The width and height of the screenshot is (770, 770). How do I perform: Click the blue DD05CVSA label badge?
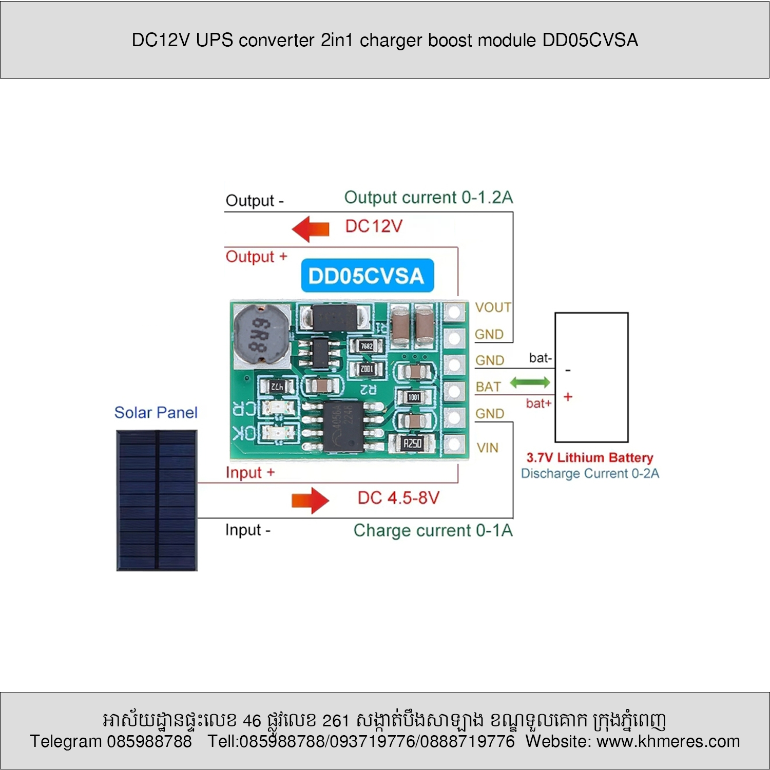click(x=367, y=276)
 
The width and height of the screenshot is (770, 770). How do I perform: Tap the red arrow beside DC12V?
click(x=311, y=228)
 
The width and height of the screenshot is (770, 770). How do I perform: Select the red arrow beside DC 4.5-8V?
click(x=310, y=500)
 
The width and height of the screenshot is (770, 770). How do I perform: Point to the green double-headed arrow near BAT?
click(x=530, y=382)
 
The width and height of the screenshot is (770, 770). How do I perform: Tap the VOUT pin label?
click(x=493, y=307)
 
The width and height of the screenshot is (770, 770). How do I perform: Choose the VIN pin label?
click(x=487, y=448)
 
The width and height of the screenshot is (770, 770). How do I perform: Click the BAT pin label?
click(x=488, y=387)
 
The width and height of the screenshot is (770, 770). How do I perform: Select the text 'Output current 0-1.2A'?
click(x=428, y=197)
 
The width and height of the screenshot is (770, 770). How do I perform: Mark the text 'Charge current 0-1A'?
click(x=433, y=530)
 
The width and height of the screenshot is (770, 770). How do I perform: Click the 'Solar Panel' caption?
click(x=156, y=412)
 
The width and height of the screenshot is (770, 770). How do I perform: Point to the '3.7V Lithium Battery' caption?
click(x=590, y=457)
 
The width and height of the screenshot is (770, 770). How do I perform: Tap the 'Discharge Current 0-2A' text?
click(x=590, y=473)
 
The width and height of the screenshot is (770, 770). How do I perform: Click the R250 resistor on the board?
click(x=412, y=443)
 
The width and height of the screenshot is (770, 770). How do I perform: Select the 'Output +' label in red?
click(x=256, y=256)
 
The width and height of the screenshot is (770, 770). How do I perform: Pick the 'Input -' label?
click(x=247, y=530)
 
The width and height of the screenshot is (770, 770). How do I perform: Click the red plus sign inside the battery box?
click(x=568, y=397)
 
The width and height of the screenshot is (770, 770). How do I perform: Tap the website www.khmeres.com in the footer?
click(x=668, y=741)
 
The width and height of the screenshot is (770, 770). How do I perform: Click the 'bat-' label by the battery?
click(x=540, y=358)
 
